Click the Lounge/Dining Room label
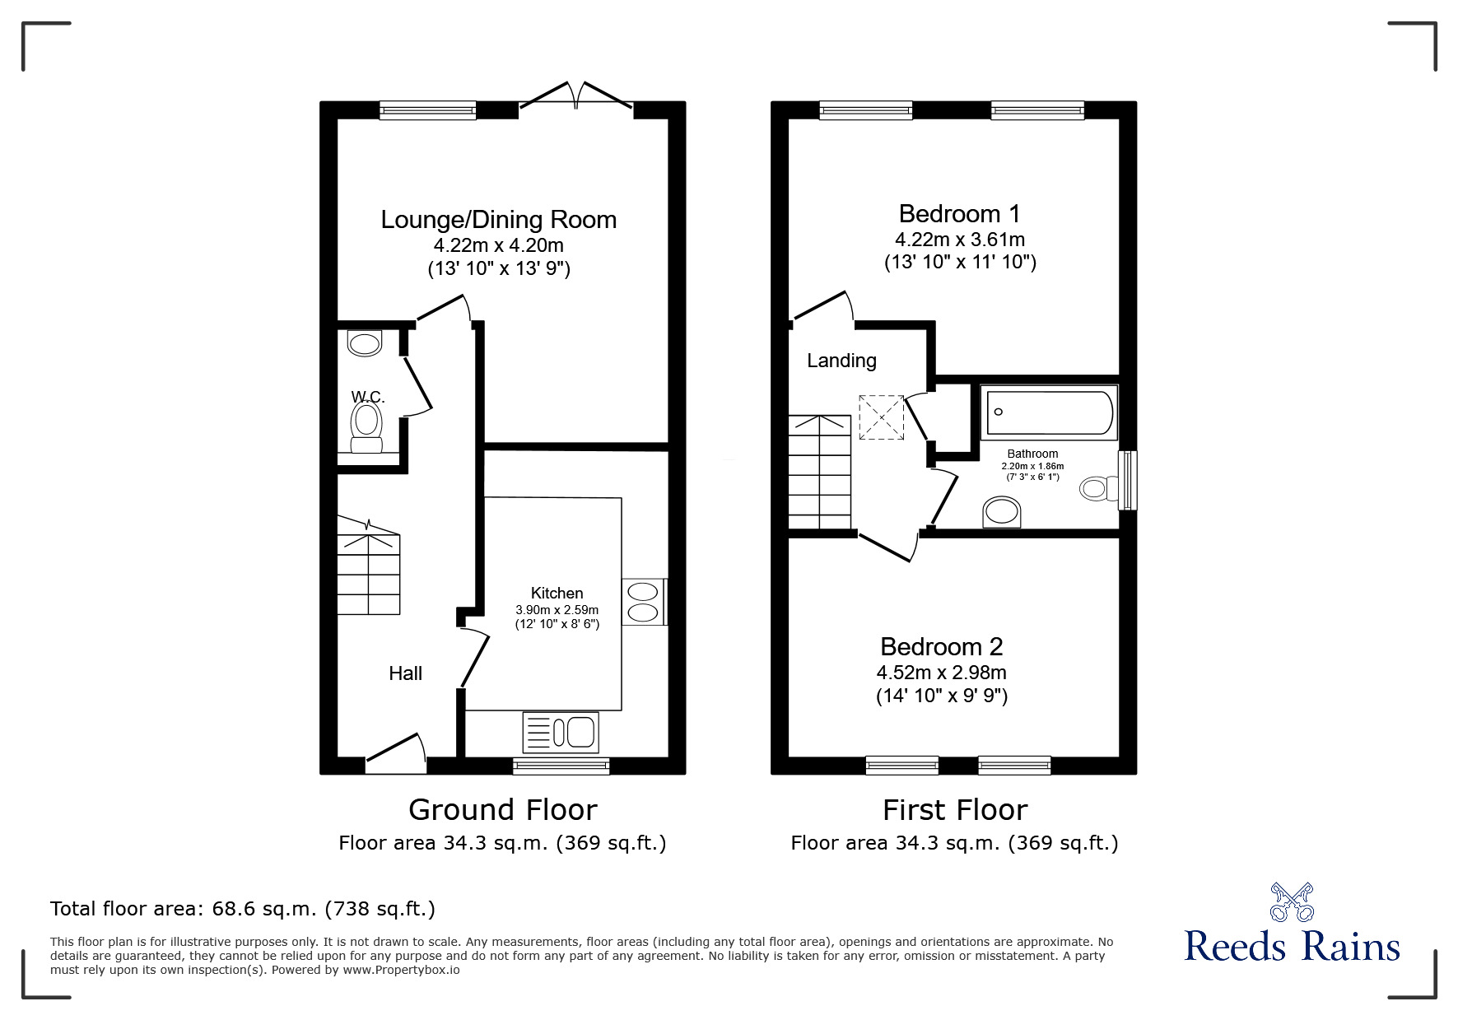pos(498,220)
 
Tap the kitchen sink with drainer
pos(561,732)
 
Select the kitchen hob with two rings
pos(643,602)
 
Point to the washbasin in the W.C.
pos(366,343)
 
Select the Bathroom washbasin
pos(1003,512)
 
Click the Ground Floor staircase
pos(369,572)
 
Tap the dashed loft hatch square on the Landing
pos(881,417)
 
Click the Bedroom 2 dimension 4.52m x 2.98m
pos(941,673)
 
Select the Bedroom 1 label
pos(959,214)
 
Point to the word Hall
pos(405,673)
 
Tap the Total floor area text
pos(243,909)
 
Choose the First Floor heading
pos(955,810)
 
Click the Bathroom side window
pos(1127,480)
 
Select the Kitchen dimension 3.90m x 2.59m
pos(557,610)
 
